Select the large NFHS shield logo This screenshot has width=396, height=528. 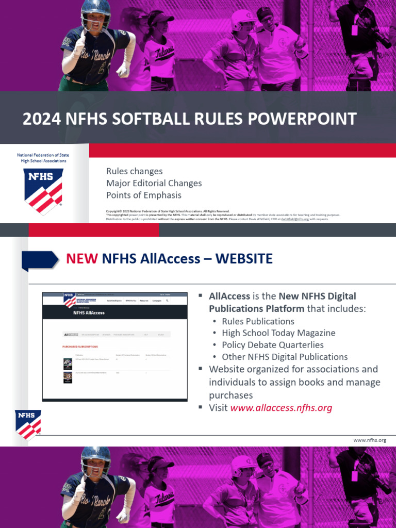pos(43,191)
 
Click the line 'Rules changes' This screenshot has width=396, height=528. pos(134,171)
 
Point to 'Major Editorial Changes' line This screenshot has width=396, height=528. pos(154,183)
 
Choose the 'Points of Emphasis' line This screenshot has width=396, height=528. pos(144,195)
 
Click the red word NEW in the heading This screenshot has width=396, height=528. pos(81,258)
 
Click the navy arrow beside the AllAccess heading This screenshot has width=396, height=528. pos(40,259)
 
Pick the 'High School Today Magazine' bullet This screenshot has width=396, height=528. pos(278,333)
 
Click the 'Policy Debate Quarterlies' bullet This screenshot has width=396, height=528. pos(273,345)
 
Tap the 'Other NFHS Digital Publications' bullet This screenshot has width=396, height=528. pos(285,357)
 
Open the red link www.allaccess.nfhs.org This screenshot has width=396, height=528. pos(281,408)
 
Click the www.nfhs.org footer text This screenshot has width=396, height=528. pos(370,440)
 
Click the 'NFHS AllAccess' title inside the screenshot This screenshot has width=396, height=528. pos(89,312)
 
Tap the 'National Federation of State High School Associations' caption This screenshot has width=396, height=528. pos(43,158)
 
